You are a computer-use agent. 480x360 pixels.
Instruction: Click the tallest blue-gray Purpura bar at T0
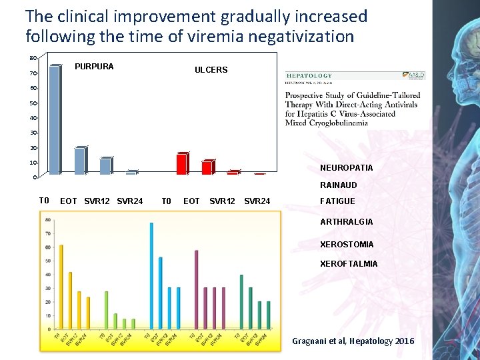pyautogui.click(x=55, y=120)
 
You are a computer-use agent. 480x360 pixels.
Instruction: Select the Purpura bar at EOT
pyautogui.click(x=80, y=161)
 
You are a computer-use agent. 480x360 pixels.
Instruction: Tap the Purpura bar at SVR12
pyautogui.click(x=105, y=166)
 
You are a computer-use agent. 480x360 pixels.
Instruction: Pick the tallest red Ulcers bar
pyautogui.click(x=181, y=164)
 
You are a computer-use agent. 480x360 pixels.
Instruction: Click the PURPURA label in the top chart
pyautogui.click(x=94, y=67)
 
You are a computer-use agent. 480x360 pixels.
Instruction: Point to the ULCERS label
pyautogui.click(x=211, y=70)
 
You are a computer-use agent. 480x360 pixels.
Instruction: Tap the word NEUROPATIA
pyautogui.click(x=347, y=168)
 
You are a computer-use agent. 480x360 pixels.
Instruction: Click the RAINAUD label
pyautogui.click(x=339, y=185)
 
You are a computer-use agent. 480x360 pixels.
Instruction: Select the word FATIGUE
pyautogui.click(x=338, y=201)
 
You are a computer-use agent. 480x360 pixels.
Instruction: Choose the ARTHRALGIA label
pyautogui.click(x=347, y=222)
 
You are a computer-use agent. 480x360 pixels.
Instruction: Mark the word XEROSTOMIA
pyautogui.click(x=347, y=245)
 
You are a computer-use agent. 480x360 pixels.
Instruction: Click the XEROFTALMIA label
pyautogui.click(x=349, y=264)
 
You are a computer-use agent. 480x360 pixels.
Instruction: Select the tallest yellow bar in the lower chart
pyautogui.click(x=61, y=287)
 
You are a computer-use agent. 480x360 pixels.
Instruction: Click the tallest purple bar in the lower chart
pyautogui.click(x=196, y=289)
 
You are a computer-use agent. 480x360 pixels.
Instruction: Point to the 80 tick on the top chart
pyautogui.click(x=33, y=57)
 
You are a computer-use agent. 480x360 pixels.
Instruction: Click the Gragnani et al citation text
pyautogui.click(x=353, y=341)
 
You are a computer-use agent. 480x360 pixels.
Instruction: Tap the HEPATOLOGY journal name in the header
pyautogui.click(x=309, y=76)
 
